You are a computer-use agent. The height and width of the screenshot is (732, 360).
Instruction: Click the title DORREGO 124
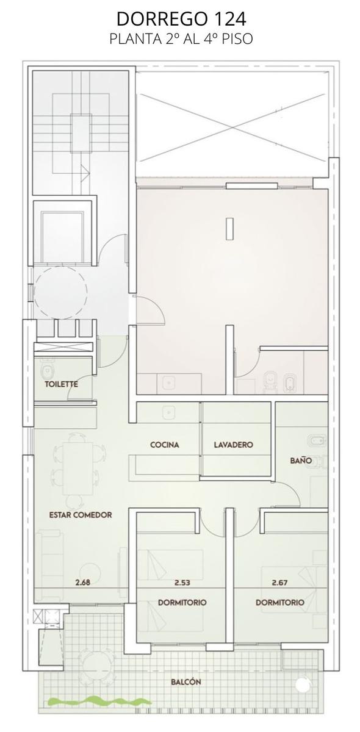pos(181,19)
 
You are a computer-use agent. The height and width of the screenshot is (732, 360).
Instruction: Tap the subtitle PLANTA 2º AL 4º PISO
pos(181,39)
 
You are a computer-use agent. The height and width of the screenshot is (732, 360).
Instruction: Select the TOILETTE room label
pos(62,384)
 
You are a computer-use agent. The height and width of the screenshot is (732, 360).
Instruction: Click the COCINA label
pos(165,445)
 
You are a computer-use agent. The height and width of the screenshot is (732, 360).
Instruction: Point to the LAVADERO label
pos(234,445)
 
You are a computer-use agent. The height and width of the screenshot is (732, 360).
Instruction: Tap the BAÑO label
pos(301,461)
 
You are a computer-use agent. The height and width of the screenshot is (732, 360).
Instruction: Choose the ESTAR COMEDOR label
pos(81,515)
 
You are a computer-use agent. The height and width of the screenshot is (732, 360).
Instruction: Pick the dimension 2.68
pos(82,582)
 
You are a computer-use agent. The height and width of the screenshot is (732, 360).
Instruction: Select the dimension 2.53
pos(182,583)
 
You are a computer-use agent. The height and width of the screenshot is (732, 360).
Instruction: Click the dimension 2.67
pos(280,583)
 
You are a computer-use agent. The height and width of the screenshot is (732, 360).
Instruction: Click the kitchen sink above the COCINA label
pos(169,412)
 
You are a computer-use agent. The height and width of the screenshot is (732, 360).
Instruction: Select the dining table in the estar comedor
pos(78,468)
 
